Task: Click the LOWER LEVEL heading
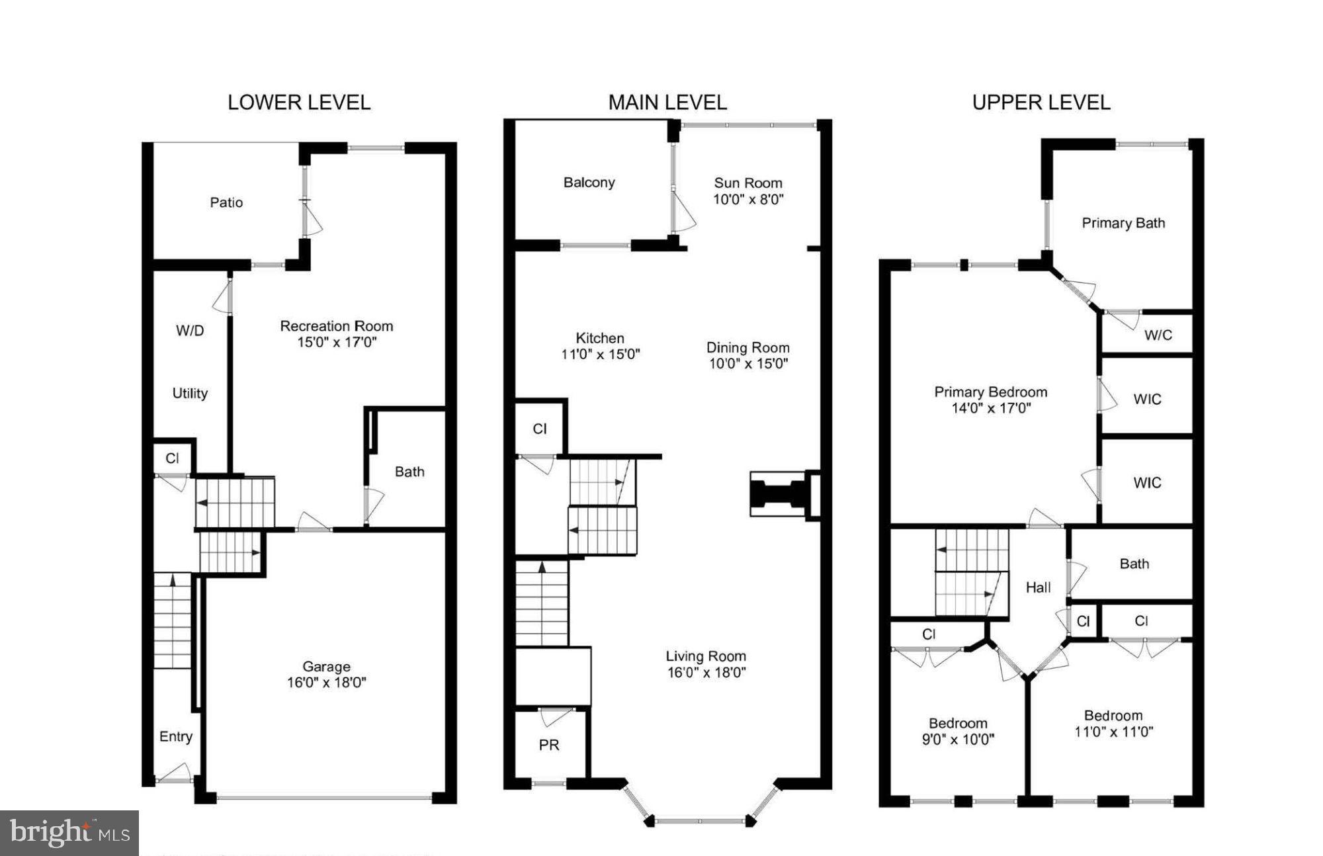point(299,103)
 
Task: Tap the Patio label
point(226,202)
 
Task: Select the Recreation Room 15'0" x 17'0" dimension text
point(337,343)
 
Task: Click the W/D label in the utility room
point(190,331)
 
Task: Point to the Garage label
point(326,667)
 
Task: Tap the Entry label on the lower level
point(175,737)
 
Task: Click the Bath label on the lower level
point(409,472)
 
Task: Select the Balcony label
point(589,183)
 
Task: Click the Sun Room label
point(747,183)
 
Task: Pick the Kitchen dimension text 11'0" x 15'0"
point(600,355)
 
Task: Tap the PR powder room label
point(548,746)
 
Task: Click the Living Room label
point(705,656)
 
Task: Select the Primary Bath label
point(1123,224)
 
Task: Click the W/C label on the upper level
point(1158,335)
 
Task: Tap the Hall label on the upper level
point(1038,587)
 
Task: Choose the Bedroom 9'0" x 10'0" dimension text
point(958,740)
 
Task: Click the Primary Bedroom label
point(990,392)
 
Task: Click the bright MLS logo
point(69,833)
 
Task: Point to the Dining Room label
point(747,348)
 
